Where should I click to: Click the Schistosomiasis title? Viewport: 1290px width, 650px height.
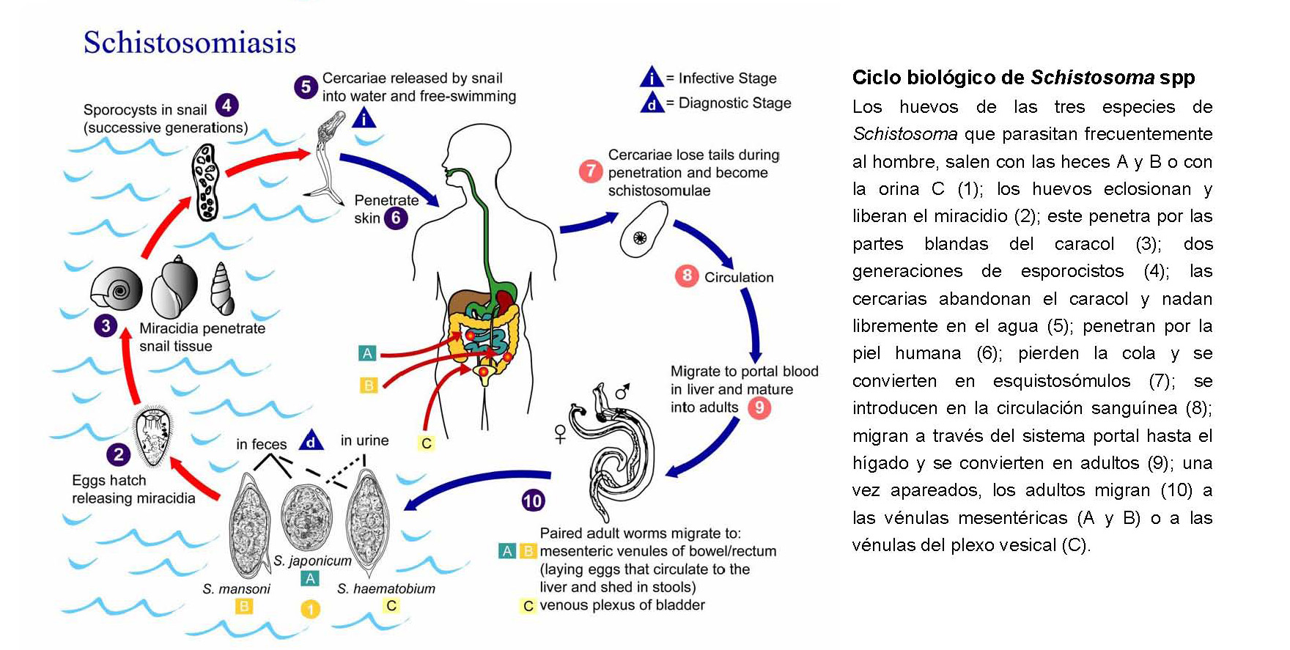[190, 43]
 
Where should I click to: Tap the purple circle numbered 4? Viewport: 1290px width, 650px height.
[226, 106]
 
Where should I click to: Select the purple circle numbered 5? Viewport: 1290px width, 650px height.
[306, 86]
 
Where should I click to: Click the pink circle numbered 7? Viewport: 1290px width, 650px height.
[591, 171]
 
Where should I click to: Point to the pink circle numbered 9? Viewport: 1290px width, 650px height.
[759, 407]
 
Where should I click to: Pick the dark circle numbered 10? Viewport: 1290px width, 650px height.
[533, 501]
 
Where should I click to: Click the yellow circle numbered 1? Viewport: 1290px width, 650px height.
[311, 609]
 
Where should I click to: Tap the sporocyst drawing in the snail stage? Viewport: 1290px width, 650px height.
[205, 182]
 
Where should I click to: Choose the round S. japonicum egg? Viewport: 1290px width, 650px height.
[306, 517]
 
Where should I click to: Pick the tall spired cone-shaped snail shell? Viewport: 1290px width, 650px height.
[221, 288]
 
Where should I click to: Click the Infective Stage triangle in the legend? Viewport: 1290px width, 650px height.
[651, 78]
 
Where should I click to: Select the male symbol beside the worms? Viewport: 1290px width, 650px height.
[622, 392]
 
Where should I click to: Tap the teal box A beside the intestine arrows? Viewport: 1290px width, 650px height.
[367, 353]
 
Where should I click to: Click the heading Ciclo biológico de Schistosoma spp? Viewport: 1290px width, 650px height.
[1023, 77]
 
